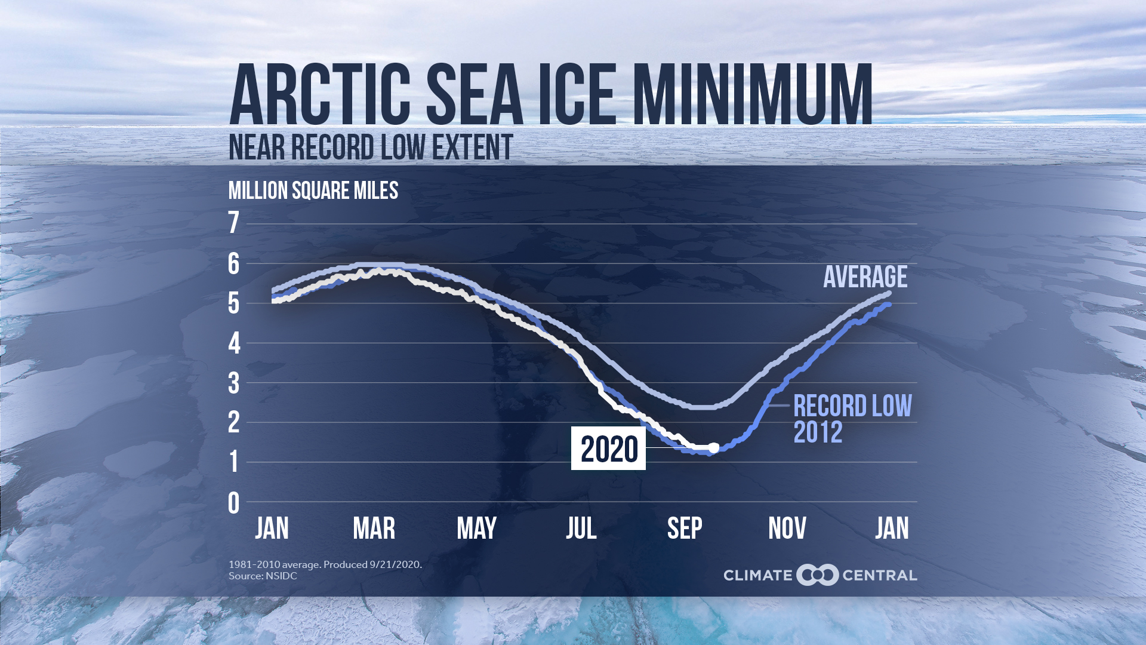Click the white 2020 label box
(x=608, y=449)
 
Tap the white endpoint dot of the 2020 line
(x=713, y=447)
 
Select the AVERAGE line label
(x=865, y=277)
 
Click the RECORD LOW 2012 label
(x=852, y=419)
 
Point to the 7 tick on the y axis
(x=233, y=223)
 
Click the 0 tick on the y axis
(x=233, y=503)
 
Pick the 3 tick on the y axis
(x=233, y=384)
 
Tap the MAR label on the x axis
(x=374, y=529)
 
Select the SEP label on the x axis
(x=684, y=529)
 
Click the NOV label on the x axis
(x=787, y=529)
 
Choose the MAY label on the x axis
(x=476, y=529)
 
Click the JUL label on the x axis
(x=581, y=529)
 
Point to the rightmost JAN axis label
(x=892, y=529)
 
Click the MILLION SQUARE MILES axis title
(x=313, y=191)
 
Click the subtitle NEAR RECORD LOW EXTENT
(x=371, y=148)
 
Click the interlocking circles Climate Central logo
(x=817, y=575)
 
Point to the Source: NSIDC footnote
(x=263, y=576)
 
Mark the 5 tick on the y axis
(x=233, y=304)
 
